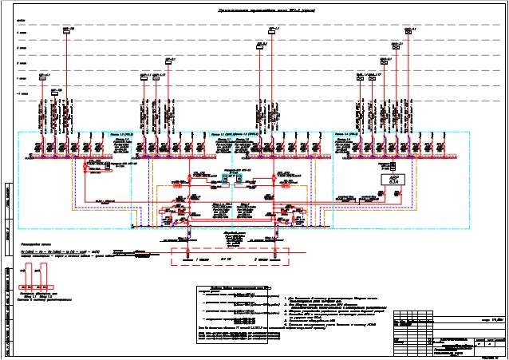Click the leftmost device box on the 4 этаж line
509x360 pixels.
coord(68,33)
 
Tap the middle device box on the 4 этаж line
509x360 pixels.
coord(272,33)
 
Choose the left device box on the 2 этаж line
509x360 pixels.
coord(168,62)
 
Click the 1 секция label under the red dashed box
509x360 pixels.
coord(203,260)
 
